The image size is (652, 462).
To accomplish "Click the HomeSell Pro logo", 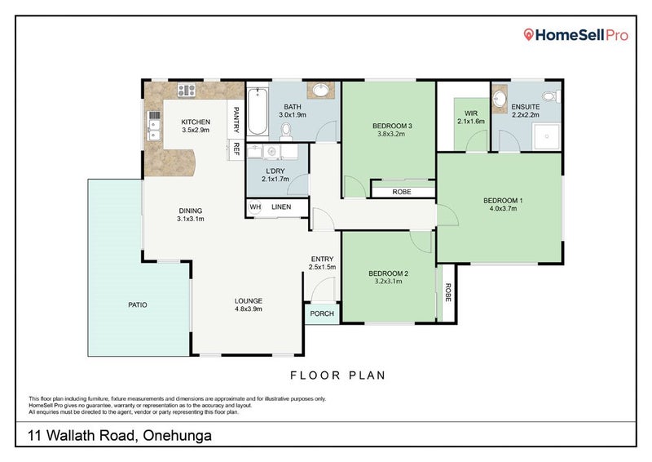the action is coord(576,35).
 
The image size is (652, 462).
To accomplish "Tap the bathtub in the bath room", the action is coord(258,111).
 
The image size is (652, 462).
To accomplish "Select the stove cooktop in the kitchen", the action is coord(187,90).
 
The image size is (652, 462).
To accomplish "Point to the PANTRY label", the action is coord(236,119).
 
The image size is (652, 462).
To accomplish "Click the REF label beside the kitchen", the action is coord(236,149).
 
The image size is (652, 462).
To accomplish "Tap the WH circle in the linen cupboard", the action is coord(255,207).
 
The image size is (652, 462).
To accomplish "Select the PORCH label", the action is coord(322,313).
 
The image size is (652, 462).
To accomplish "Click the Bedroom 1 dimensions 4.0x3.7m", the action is coord(503,208).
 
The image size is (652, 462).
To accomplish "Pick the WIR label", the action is coord(471,113).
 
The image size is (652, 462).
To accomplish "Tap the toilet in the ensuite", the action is coord(552,96).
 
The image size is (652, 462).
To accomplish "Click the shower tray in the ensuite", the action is coord(547,136).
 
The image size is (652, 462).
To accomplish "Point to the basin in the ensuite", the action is coord(500,99).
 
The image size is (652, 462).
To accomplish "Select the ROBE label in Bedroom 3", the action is coord(402,192).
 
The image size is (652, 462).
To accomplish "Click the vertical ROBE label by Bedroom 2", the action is coord(447,292).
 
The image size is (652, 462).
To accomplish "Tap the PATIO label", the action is coord(138,305).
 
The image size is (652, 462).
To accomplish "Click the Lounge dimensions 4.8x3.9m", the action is coord(249,309).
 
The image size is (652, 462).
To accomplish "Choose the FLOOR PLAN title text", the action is coord(337,375).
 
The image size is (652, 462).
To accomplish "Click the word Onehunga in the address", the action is coord(177,436).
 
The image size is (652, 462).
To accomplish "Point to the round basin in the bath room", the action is coord(320,90).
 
